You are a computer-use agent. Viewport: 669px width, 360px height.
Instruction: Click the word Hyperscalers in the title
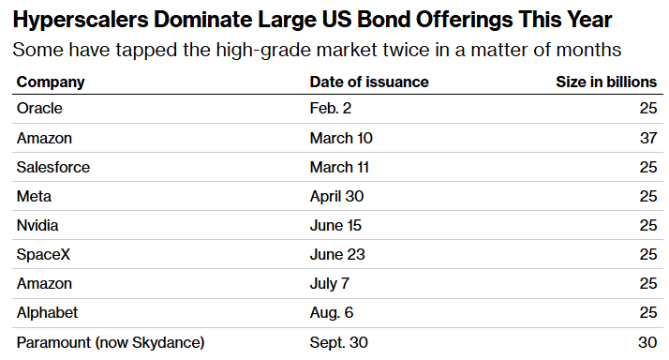coord(81,20)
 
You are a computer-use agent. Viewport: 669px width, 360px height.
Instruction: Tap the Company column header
coord(51,82)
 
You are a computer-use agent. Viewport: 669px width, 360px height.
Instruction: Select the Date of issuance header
coord(369,82)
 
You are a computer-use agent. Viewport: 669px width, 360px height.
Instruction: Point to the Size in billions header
coord(606,82)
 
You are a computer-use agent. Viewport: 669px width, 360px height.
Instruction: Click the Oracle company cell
coord(39,109)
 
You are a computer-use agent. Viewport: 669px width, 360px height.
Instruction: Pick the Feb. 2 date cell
coord(330,109)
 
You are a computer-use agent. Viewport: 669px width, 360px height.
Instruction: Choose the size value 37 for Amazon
coord(648,139)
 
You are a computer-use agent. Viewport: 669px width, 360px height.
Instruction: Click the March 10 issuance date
coord(341,139)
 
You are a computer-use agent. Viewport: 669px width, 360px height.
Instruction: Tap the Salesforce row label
coord(53,168)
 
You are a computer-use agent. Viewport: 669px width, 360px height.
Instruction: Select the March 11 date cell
coord(339,168)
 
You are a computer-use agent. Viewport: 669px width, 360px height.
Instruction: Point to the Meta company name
coord(34,197)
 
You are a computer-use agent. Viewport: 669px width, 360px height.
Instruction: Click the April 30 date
coord(336,197)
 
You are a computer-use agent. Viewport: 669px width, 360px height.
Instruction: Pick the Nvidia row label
coord(37,226)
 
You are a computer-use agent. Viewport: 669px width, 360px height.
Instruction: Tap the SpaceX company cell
coord(43,254)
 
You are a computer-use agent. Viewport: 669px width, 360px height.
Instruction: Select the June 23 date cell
coord(337,254)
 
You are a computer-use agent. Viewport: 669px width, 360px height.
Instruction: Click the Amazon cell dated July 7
coord(44,283)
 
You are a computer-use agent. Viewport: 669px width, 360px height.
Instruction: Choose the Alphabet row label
coord(47,312)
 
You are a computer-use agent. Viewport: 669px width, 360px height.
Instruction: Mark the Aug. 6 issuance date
coord(332,312)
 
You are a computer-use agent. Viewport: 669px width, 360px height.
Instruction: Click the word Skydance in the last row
coord(166,342)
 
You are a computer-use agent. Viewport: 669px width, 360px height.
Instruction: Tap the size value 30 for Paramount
coord(647,342)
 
